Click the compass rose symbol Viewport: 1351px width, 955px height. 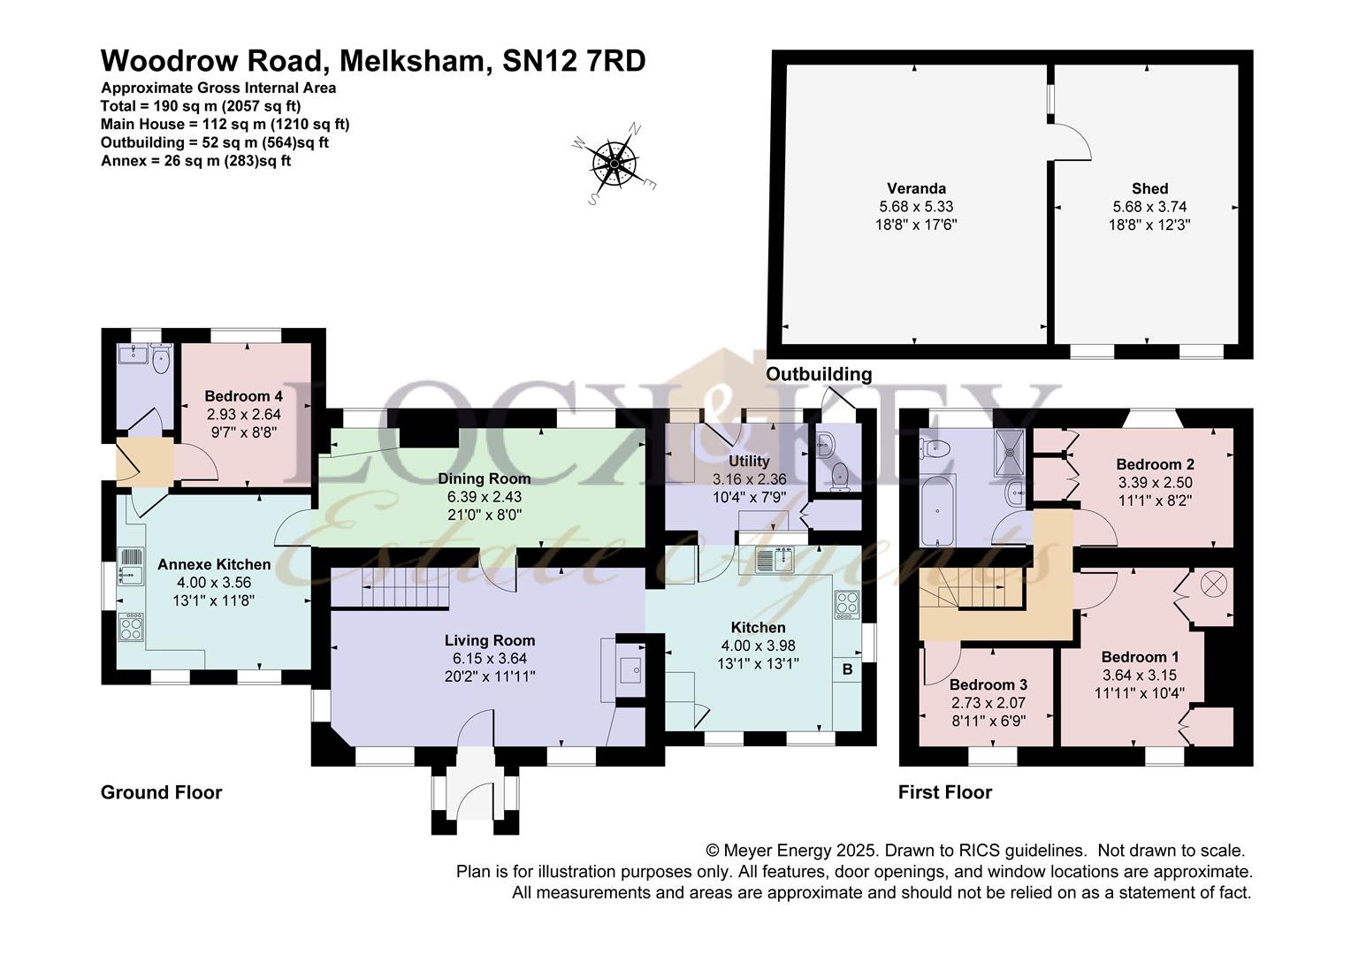pyautogui.click(x=614, y=164)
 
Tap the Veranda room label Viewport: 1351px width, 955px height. pyautogui.click(x=916, y=188)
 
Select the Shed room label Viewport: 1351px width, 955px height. pyautogui.click(x=1149, y=188)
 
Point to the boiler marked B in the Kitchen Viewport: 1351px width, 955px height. pyautogui.click(x=847, y=669)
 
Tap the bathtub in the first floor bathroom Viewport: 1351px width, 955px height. pyautogui.click(x=937, y=510)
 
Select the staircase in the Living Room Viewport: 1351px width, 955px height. pyautogui.click(x=405, y=588)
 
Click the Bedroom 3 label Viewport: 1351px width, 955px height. pyautogui.click(x=988, y=684)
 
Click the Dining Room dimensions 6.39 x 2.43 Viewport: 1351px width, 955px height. pyautogui.click(x=485, y=496)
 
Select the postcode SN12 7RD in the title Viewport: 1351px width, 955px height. pyautogui.click(x=574, y=61)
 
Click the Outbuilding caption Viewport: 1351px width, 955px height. pyautogui.click(x=819, y=374)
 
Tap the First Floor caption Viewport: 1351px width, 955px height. pyautogui.click(x=944, y=792)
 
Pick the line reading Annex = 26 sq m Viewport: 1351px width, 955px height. pyautogui.click(x=195, y=161)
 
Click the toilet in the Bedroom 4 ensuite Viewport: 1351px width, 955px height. pyautogui.click(x=162, y=359)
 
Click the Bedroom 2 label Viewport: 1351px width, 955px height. pyautogui.click(x=1155, y=464)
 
